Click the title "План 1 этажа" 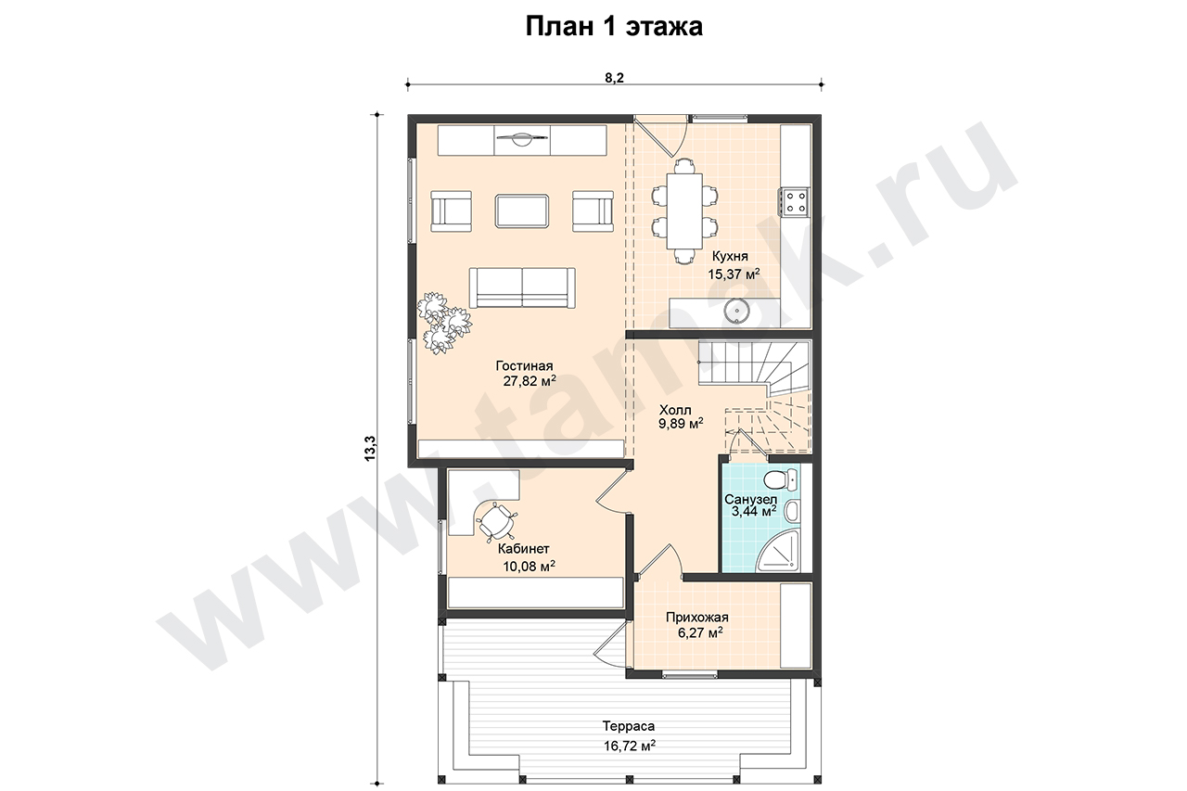[614, 26]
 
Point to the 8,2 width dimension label [614, 78]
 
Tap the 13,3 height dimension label [370, 448]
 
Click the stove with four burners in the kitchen [794, 202]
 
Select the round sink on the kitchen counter [736, 311]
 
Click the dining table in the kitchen [684, 211]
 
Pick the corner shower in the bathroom [778, 551]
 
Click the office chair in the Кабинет [125, 521]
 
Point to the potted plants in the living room [443, 323]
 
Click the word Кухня [730, 257]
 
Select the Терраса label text [629, 725]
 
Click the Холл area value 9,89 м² [681, 423]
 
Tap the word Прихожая [697, 618]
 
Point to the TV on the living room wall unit [522, 139]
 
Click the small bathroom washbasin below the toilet [792, 511]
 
